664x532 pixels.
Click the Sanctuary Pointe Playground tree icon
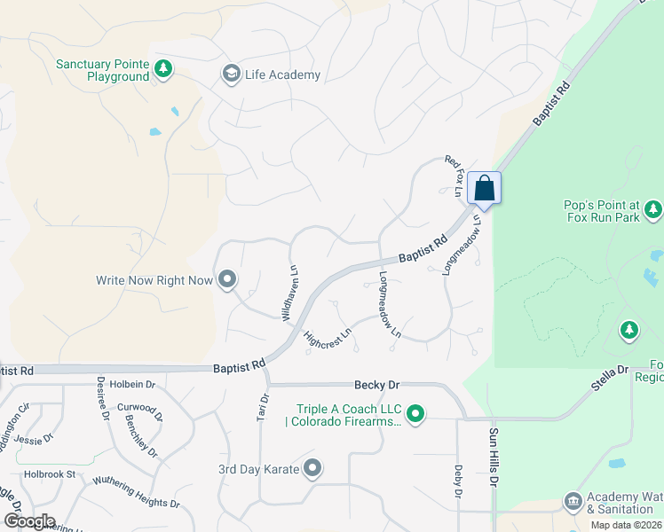coord(162,69)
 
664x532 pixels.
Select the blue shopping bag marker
coord(485,187)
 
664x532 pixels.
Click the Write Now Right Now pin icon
coord(227,280)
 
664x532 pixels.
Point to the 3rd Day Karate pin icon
coord(312,468)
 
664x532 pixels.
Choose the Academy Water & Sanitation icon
coord(573,502)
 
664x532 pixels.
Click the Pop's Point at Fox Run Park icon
coord(654,210)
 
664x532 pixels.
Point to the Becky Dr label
coord(377,385)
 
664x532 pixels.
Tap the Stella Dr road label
coord(610,369)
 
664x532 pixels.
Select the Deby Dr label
coord(458,481)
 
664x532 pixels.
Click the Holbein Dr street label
coord(126,385)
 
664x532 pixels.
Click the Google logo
coord(29,520)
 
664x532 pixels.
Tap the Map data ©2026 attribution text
coord(626,525)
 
